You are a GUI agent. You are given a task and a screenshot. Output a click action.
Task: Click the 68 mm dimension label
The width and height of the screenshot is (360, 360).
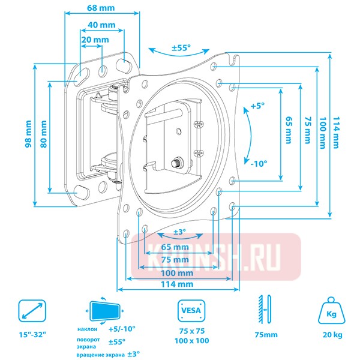[101, 8]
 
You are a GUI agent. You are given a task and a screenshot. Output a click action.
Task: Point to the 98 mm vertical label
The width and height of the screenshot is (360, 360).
[28, 134]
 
